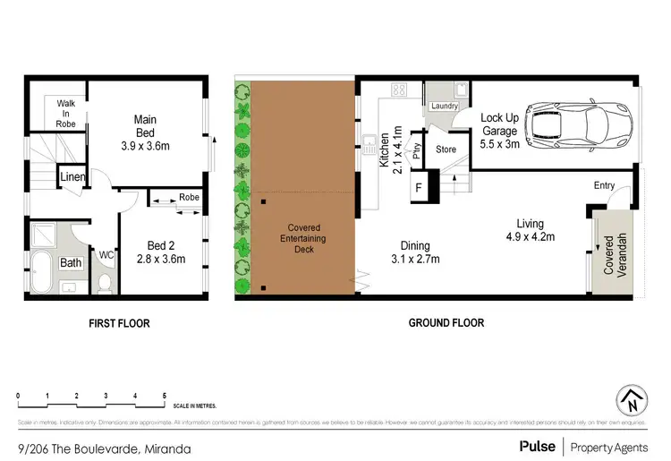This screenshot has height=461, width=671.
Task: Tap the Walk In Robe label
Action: click(x=66, y=114)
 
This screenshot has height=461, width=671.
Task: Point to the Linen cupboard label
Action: click(x=72, y=177)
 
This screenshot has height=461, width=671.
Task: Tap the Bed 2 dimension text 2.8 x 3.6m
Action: click(x=160, y=260)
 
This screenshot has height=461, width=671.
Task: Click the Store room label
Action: click(x=446, y=149)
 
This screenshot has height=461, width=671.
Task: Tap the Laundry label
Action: click(x=444, y=107)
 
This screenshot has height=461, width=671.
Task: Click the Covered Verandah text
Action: click(x=614, y=255)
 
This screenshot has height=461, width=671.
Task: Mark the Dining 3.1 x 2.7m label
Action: click(x=415, y=252)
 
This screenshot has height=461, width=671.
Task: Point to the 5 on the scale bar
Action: click(x=165, y=395)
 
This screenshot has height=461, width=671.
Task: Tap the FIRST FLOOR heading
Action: click(x=120, y=323)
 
